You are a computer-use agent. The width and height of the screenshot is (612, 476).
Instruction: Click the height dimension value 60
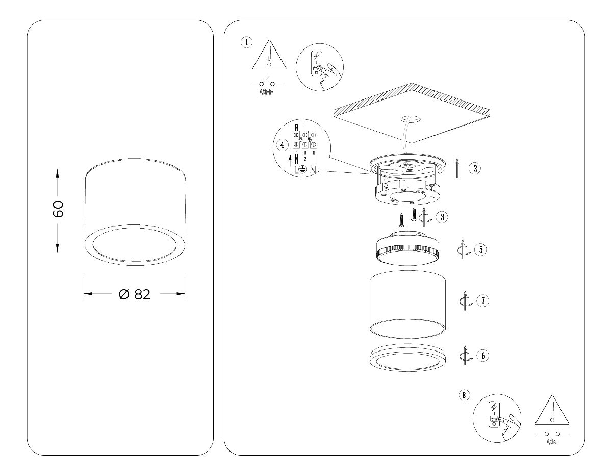click(x=58, y=209)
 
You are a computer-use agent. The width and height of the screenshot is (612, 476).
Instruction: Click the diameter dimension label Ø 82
click(x=135, y=294)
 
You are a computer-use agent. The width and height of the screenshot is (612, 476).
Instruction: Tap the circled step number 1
click(x=247, y=42)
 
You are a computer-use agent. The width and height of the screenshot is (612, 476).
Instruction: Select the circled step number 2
click(x=474, y=168)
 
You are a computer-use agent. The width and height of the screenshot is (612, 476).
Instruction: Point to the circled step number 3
click(x=442, y=217)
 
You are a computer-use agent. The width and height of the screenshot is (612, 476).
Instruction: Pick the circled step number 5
click(x=480, y=250)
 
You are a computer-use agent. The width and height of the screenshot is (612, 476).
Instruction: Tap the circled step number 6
click(x=482, y=355)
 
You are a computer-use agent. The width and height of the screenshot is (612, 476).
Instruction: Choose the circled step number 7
click(x=482, y=300)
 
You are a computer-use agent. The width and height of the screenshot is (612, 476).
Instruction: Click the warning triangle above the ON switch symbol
click(x=551, y=412)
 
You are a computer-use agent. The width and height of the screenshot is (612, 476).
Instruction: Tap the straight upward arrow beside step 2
click(x=457, y=168)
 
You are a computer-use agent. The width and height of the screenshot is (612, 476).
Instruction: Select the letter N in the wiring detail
click(x=313, y=169)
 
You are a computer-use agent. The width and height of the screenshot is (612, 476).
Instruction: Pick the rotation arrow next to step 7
click(x=465, y=300)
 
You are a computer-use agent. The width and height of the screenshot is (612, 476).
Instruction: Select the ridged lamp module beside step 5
click(x=406, y=250)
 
